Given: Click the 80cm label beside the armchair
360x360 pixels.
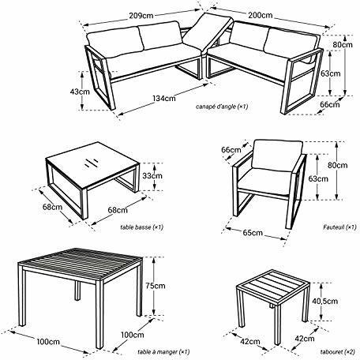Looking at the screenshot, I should tap(339, 165).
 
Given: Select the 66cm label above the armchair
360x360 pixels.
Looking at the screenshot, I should tap(231, 149).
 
